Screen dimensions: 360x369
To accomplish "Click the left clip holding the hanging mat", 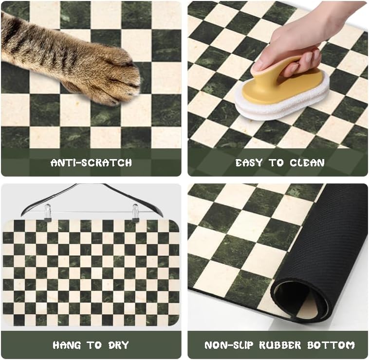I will pos(47,212).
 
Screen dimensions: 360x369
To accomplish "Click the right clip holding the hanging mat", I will pos(135,212).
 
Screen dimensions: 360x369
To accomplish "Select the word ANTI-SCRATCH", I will pos(91,162).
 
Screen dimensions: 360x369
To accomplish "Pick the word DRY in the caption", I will pos(117,345).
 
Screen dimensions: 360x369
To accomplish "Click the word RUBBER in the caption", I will pos(279,345).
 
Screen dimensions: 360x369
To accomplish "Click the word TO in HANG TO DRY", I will pos(94,345).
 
